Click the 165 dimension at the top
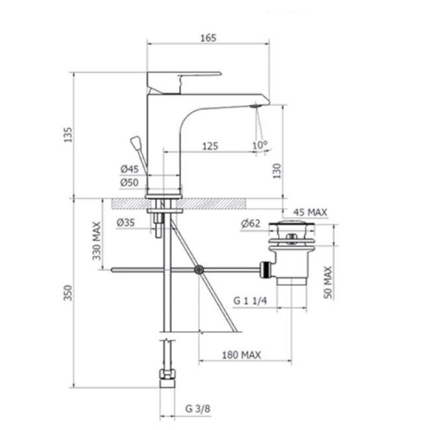click(x=208, y=38)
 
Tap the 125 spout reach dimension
click(x=210, y=146)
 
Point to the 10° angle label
click(x=260, y=145)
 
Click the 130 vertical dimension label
click(x=277, y=171)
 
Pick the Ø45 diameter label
click(x=130, y=169)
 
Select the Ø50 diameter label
click(x=129, y=182)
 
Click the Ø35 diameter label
click(x=126, y=223)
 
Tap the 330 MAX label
click(x=97, y=241)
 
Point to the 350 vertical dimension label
click(x=68, y=293)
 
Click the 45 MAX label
click(x=310, y=212)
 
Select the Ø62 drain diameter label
click(x=250, y=224)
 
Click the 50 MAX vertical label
click(x=328, y=282)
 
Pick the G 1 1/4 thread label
click(x=250, y=301)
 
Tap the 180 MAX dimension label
click(x=241, y=355)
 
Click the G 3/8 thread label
click(x=198, y=409)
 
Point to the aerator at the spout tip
click(x=255, y=106)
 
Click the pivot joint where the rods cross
click(x=199, y=270)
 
